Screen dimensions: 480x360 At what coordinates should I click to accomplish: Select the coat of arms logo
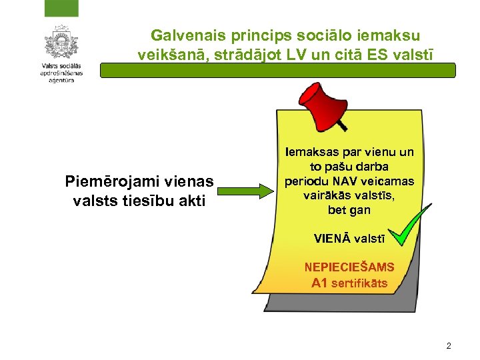coord(61,43)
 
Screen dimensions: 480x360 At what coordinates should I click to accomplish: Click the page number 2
coord(448,346)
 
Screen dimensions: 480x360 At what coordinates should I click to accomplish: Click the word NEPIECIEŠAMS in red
coord(349,267)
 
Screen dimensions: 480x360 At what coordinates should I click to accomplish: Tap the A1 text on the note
coord(320,283)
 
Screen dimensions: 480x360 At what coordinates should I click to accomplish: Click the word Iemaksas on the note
coord(307,153)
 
